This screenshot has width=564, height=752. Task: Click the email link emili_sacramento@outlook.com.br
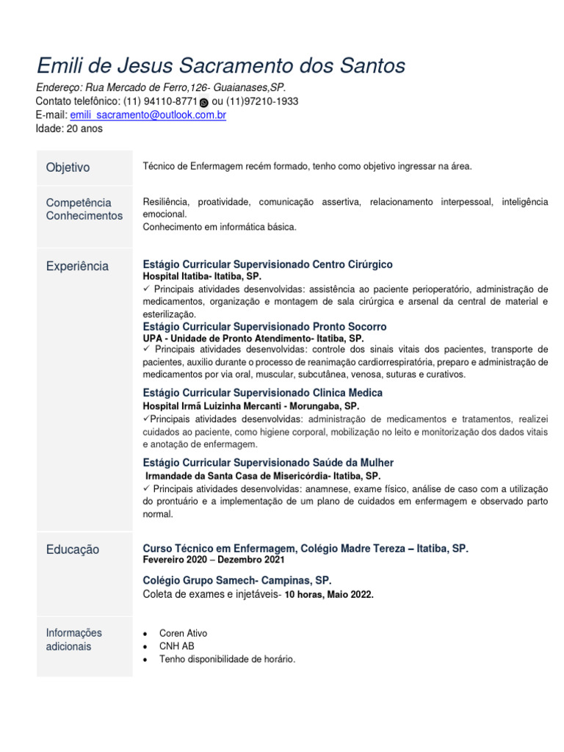[x=148, y=115]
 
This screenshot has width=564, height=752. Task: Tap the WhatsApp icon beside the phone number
[x=203, y=103]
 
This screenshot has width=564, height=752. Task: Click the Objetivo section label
[x=68, y=167]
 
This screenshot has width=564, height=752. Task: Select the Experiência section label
[x=77, y=267]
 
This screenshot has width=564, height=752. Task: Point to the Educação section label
[x=72, y=550]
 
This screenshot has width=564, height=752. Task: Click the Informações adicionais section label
[x=73, y=640]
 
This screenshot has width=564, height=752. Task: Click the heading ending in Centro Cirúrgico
[x=268, y=264]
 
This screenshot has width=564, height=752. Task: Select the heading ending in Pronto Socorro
[x=264, y=326]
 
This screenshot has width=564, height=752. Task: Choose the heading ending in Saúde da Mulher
[x=268, y=463]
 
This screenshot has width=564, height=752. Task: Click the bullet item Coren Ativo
[x=183, y=633]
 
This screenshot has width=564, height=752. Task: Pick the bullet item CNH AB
[x=176, y=646]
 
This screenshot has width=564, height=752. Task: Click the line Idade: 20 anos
[x=69, y=129]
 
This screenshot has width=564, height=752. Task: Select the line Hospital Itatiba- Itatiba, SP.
[x=201, y=276]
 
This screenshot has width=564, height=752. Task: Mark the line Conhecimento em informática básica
[x=220, y=227]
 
